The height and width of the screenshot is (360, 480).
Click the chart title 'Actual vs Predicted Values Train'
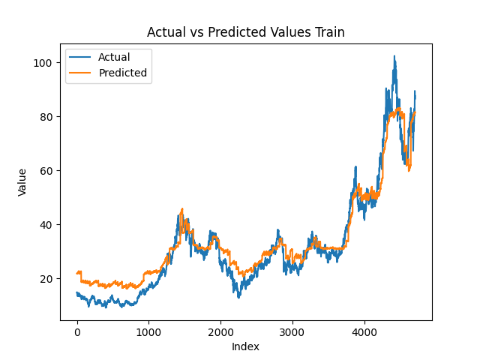[x=245, y=32]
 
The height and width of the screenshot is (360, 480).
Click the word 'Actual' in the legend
[x=114, y=57]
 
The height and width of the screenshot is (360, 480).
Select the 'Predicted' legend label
[x=123, y=73]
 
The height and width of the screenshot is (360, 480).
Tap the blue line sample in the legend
[x=81, y=57]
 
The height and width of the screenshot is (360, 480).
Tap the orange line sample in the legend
[x=81, y=73]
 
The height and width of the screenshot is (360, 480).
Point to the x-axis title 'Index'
[x=245, y=346]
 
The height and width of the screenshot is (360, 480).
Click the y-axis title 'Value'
[x=22, y=182]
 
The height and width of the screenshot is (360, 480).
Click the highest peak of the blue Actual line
[x=394, y=56]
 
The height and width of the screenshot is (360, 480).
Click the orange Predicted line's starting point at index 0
[x=77, y=273]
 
